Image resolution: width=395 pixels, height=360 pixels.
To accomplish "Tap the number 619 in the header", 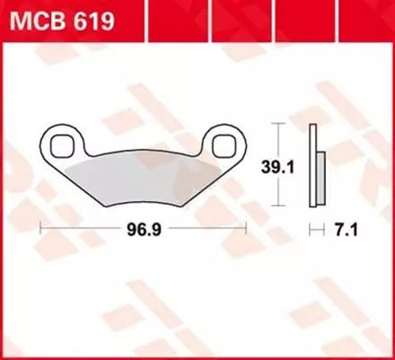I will click(x=93, y=20).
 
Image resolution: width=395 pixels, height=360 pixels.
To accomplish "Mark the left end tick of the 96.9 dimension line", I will click(x=41, y=230).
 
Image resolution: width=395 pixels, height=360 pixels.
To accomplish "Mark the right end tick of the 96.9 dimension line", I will click(x=245, y=230).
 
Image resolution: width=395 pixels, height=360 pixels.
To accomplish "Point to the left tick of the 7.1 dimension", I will click(x=311, y=230).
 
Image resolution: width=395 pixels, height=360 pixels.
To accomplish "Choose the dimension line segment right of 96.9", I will click(x=203, y=230).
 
